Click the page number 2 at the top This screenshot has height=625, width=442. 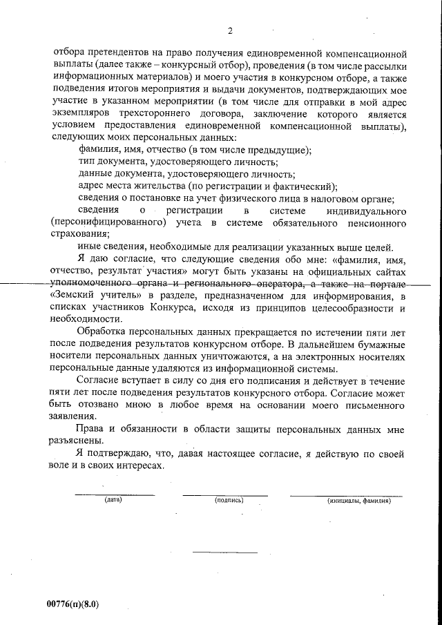pos(231,30)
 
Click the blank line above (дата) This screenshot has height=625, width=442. pos(114,494)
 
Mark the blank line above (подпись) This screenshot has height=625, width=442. pos(225,494)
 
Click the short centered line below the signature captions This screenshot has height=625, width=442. pos(224,552)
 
